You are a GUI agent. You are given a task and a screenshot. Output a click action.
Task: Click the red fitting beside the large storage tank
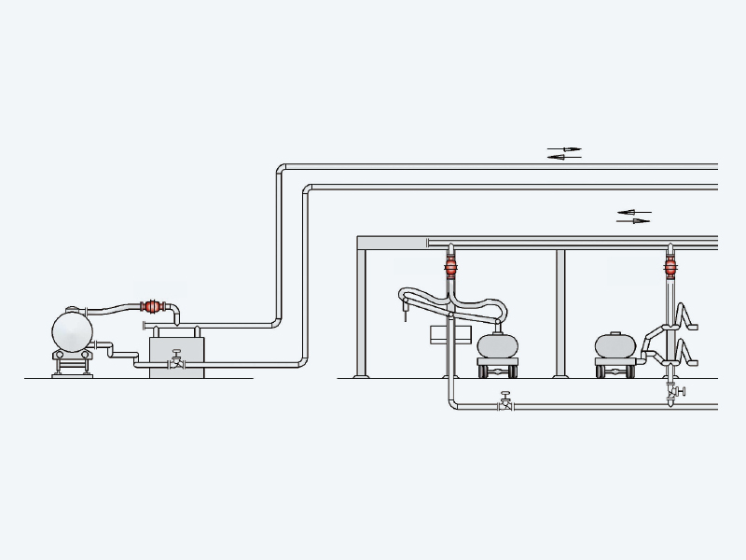(x=151, y=306)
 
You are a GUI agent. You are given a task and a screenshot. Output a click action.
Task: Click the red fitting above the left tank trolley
(x=450, y=267)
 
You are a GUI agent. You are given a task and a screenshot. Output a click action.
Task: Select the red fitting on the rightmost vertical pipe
(x=670, y=267)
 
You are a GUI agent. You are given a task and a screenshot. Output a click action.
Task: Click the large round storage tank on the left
(x=72, y=330)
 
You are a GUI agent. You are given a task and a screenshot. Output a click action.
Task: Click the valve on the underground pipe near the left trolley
(x=505, y=402)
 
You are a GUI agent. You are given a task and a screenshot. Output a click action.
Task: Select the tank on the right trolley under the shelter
(x=615, y=345)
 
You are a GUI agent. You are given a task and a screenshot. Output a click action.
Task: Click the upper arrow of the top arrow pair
(x=564, y=148)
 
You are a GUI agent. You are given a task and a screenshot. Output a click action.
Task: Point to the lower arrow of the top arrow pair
(x=563, y=157)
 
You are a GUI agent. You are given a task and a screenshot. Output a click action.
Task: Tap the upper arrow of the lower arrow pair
(x=634, y=213)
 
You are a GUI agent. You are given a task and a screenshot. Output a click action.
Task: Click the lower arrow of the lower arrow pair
(x=634, y=221)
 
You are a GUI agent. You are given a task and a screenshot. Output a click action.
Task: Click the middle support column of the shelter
(x=560, y=313)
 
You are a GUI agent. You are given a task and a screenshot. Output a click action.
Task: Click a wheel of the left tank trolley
(x=485, y=371)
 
